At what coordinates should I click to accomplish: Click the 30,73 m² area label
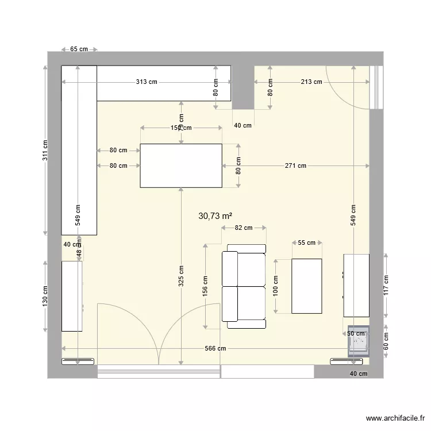[x=215, y=216]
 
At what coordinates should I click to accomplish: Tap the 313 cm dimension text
[x=147, y=82]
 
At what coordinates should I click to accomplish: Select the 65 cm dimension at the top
[x=79, y=49]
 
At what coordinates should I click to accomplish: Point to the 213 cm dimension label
[x=311, y=82]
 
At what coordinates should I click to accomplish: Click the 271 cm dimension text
[x=295, y=166]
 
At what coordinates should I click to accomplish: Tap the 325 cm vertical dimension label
[x=181, y=276]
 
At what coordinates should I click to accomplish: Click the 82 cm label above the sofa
[x=244, y=228]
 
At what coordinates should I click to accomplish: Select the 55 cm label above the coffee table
[x=307, y=243]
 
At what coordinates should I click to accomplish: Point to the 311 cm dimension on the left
[x=45, y=151]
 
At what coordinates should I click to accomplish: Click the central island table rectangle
[x=181, y=166]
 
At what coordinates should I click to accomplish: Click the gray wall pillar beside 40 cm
[x=243, y=86]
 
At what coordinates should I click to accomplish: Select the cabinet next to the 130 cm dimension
[x=72, y=295]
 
